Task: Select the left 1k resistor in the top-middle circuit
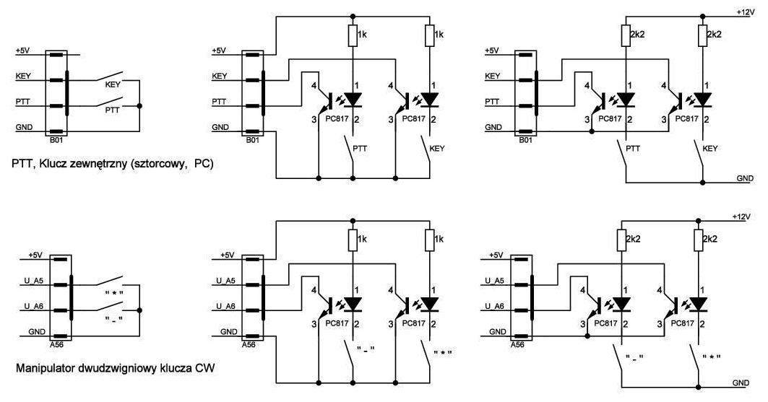[x=353, y=34]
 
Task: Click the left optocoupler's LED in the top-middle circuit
[x=353, y=99]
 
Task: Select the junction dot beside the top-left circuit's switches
[x=139, y=105]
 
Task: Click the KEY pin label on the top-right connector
[x=492, y=76]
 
